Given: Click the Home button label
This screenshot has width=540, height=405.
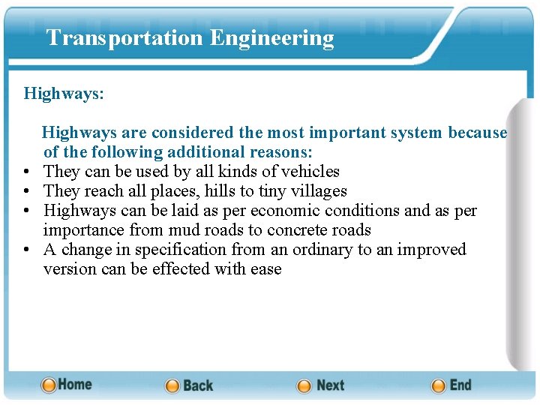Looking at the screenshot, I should (75, 384).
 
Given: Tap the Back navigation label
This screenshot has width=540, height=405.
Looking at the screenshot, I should (198, 385).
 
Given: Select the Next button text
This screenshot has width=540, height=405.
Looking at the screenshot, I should (330, 385).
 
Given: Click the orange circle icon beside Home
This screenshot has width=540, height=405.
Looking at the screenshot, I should (49, 385).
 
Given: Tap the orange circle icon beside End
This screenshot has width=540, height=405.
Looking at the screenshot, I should (439, 385).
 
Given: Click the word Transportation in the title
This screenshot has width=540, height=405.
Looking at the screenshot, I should (124, 38).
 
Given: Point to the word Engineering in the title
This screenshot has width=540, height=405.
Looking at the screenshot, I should (272, 38).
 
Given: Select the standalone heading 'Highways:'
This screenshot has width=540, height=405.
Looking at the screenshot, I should (64, 94).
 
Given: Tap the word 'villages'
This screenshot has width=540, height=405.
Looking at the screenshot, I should (318, 191).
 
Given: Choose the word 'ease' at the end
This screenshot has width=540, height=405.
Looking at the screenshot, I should (266, 269).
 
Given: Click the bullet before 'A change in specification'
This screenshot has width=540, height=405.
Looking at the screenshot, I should (28, 250).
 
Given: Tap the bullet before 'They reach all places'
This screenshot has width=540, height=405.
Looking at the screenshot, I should (28, 192).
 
